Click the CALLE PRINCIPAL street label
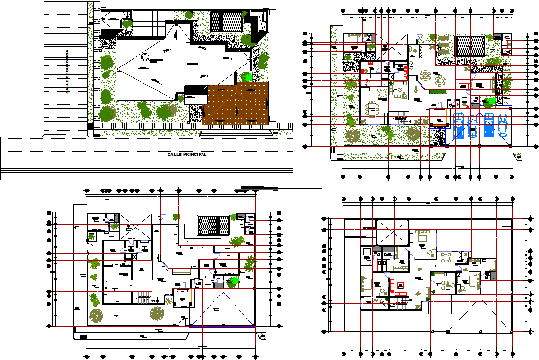187,154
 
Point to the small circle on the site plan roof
144,57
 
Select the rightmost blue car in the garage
503,125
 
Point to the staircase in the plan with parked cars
399,118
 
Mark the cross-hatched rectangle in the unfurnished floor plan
213,226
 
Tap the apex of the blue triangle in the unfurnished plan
223,292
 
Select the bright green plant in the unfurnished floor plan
235,281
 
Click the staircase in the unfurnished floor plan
143,297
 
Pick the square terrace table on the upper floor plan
446,258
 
